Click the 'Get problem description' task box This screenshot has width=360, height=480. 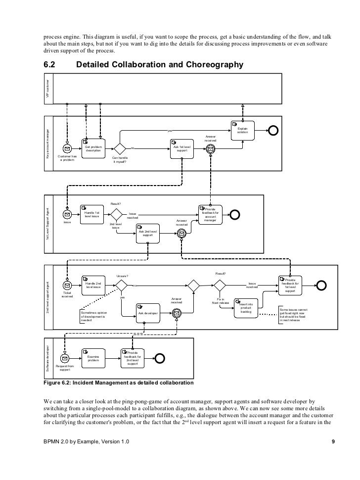[93, 148]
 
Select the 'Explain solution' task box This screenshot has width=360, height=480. [242, 130]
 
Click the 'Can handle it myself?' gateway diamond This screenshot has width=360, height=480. [120, 148]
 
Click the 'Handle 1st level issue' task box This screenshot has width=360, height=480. [92, 214]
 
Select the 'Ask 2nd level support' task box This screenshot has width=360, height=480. [148, 233]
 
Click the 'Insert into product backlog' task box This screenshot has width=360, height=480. [246, 308]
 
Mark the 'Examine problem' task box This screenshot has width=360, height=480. [93, 358]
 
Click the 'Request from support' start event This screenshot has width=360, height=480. [64, 358]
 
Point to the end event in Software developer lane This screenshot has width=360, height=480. [160, 358]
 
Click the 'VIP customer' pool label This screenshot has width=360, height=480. [48, 88]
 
